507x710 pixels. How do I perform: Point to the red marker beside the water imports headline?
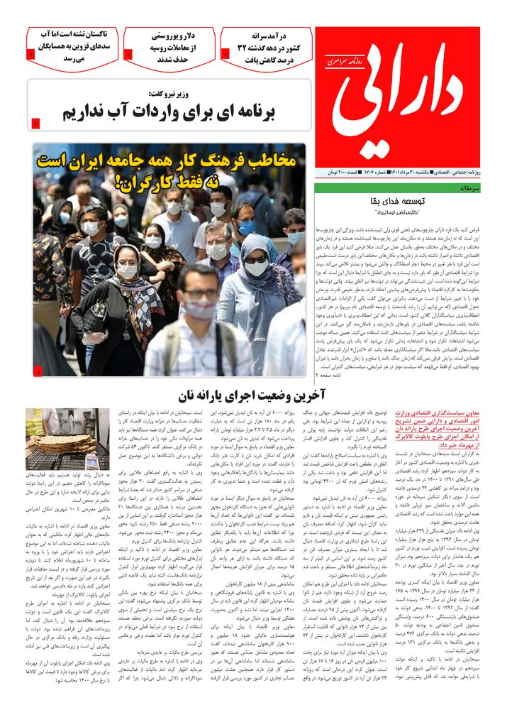[37, 125]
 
